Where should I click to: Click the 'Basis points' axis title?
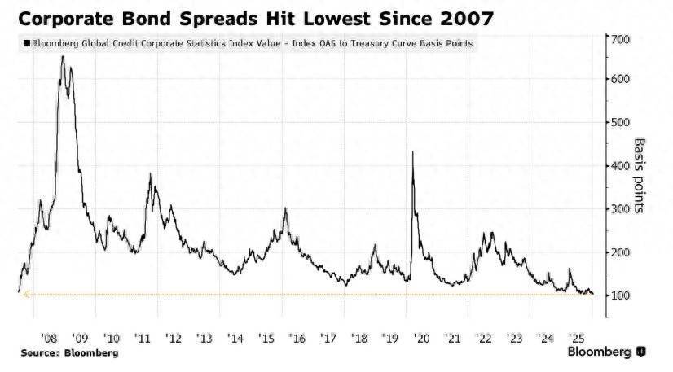639,175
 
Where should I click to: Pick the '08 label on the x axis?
49,337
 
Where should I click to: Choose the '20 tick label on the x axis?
421,337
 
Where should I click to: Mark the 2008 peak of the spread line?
63,57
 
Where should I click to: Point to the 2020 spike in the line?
413,152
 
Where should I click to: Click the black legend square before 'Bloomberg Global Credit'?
28,42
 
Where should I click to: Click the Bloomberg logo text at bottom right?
598,352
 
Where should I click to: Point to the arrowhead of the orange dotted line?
24,294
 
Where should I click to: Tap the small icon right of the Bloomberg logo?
641,352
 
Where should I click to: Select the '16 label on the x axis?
297,337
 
